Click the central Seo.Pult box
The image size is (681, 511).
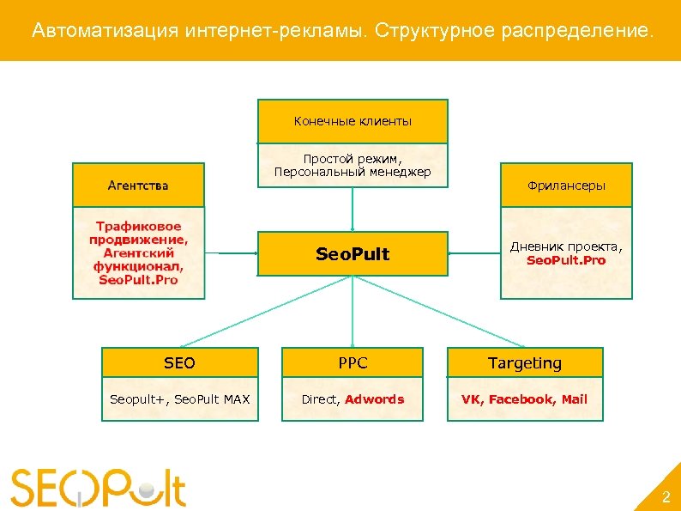tap(353, 253)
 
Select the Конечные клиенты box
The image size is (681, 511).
tap(353, 121)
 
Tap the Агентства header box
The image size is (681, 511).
tap(138, 185)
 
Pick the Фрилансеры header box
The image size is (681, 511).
tap(566, 186)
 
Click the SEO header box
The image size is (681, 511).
tap(179, 362)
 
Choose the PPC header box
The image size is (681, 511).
tap(353, 362)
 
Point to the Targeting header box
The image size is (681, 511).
tap(525, 362)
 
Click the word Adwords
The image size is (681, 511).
tap(374, 399)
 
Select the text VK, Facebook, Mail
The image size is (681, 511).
tap(525, 399)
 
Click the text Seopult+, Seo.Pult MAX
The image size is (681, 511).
tap(179, 399)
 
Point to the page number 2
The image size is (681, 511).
tap(665, 497)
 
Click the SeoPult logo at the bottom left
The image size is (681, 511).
tap(99, 487)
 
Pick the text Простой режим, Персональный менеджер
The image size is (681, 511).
tap(353, 166)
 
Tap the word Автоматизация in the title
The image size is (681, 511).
tap(105, 32)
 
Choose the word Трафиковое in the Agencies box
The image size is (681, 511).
tap(138, 227)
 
